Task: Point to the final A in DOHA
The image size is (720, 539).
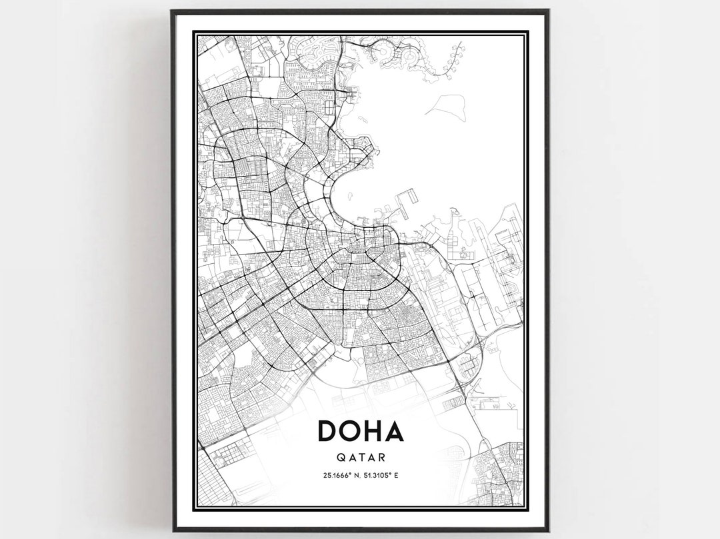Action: pyautogui.click(x=395, y=431)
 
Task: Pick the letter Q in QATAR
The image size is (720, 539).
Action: pyautogui.click(x=340, y=458)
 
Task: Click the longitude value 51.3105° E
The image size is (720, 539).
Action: pyautogui.click(x=383, y=476)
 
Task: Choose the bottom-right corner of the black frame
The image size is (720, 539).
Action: pyautogui.click(x=548, y=530)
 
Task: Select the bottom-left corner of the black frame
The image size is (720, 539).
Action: pyautogui.click(x=173, y=530)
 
